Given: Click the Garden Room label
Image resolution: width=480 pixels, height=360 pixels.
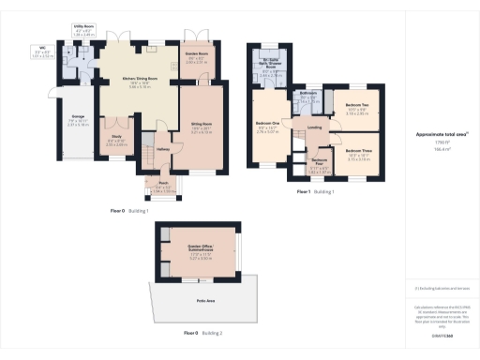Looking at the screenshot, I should click(x=197, y=54).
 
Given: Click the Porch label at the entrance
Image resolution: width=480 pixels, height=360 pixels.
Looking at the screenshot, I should click(x=163, y=184).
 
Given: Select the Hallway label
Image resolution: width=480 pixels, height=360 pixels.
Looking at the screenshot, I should click(x=162, y=149).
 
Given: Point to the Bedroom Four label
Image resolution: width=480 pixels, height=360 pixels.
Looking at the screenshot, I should click(x=320, y=162).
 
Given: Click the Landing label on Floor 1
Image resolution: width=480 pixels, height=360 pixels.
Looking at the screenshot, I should click(x=315, y=127).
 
